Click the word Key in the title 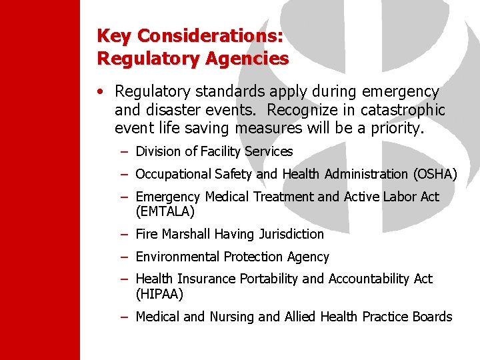[113, 35]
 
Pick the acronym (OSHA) [435, 174]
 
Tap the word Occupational [173, 174]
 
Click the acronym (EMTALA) [165, 212]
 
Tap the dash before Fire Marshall [125, 234]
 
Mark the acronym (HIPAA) [159, 294]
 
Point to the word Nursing [233, 317]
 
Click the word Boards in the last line [432, 317]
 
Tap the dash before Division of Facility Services [125, 151]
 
